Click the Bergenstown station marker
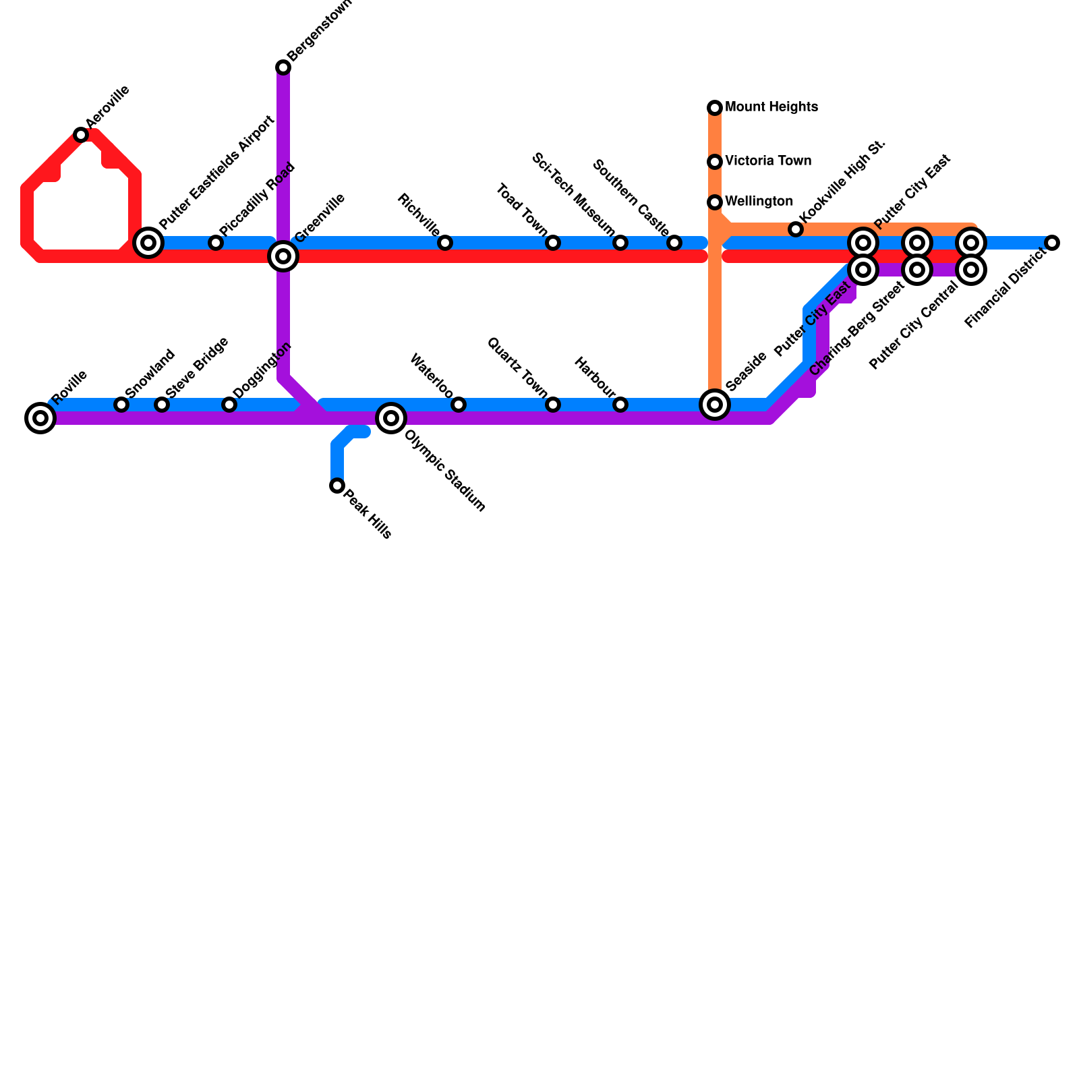click(x=283, y=67)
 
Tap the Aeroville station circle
click(x=81, y=135)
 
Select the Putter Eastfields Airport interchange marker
click(x=148, y=243)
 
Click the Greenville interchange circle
click(x=283, y=256)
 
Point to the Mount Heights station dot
click(x=715, y=108)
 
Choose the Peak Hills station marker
click(x=337, y=486)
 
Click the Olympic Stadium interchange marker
click(x=391, y=418)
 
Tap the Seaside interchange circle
click(x=715, y=405)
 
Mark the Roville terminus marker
click(x=40, y=418)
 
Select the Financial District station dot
click(x=1052, y=243)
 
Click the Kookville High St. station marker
click(x=796, y=229)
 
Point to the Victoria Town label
click(x=767, y=161)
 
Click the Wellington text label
click(x=759, y=202)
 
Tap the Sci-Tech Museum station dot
click(x=620, y=243)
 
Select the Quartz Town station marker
click(x=553, y=405)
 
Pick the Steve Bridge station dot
click(x=162, y=405)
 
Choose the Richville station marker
click(x=445, y=243)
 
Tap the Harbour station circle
click(x=620, y=405)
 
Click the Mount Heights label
click(x=771, y=107)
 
